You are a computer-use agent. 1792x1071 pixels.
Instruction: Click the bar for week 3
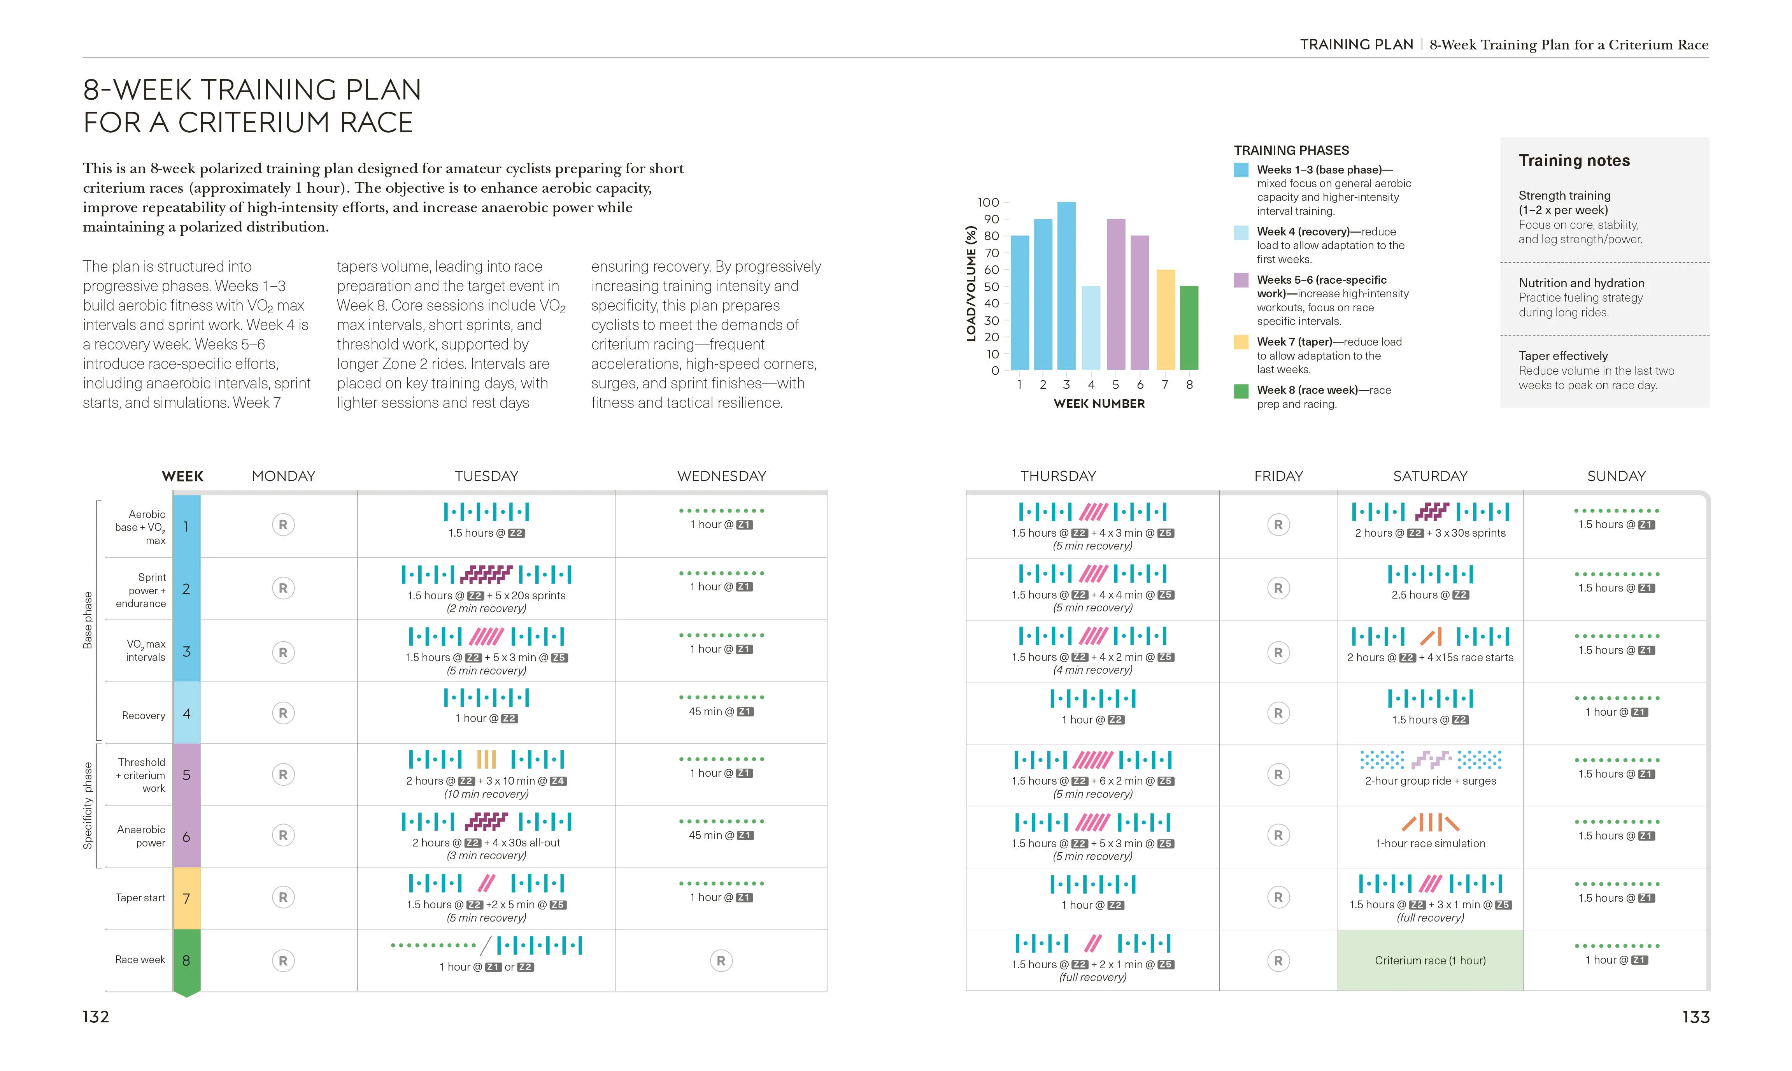pyautogui.click(x=1066, y=286)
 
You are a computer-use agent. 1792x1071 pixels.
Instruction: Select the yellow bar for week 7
pyautogui.click(x=1165, y=320)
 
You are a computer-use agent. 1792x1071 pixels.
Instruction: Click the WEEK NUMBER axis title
pyautogui.click(x=1099, y=404)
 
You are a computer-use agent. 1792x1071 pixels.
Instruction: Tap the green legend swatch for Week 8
pyautogui.click(x=1241, y=391)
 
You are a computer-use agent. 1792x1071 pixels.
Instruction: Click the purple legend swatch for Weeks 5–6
pyautogui.click(x=1241, y=281)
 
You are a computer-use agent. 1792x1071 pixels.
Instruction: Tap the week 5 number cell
pyautogui.click(x=186, y=774)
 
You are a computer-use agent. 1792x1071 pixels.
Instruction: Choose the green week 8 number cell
pyautogui.click(x=186, y=960)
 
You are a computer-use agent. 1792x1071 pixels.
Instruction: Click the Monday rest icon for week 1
pyautogui.click(x=283, y=525)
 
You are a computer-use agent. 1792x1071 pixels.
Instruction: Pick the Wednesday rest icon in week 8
pyautogui.click(x=721, y=960)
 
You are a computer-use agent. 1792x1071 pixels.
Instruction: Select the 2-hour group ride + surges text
pyautogui.click(x=1430, y=781)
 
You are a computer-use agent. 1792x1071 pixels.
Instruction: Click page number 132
pyautogui.click(x=96, y=1017)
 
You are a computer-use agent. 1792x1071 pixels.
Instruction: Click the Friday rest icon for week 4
pyautogui.click(x=1278, y=713)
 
